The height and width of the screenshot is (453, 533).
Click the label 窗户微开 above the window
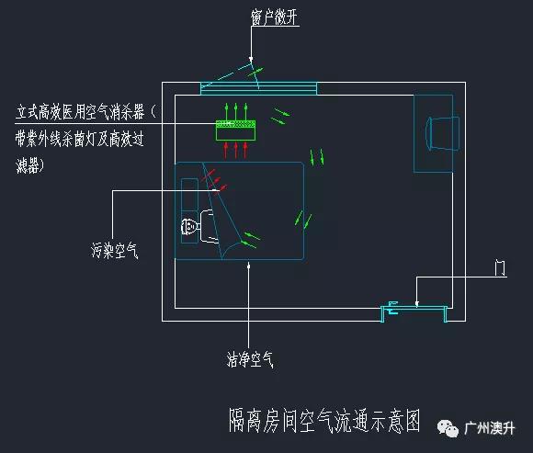click(x=274, y=17)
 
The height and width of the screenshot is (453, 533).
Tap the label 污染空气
click(x=115, y=251)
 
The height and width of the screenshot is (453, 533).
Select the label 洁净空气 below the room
click(x=250, y=359)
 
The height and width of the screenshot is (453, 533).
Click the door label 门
click(x=500, y=267)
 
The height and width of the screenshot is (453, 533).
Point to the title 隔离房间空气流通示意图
click(x=324, y=421)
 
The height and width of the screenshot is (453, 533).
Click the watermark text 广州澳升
click(x=490, y=428)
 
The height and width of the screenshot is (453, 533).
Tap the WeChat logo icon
click(x=448, y=428)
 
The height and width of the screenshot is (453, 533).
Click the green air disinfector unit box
click(x=235, y=130)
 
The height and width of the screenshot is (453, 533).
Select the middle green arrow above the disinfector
click(x=236, y=111)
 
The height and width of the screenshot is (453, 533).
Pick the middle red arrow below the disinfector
click(x=236, y=150)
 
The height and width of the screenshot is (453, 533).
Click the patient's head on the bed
click(x=189, y=227)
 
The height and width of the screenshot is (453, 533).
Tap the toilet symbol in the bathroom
click(x=442, y=133)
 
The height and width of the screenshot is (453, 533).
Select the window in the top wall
click(x=258, y=88)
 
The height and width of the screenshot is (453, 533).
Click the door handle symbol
click(x=392, y=308)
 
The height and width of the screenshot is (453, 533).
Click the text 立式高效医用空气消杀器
click(x=80, y=112)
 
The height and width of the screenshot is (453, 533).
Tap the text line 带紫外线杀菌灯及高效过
click(x=80, y=140)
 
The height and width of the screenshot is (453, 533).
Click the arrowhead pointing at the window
click(x=251, y=60)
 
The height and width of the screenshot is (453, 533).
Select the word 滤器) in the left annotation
click(x=30, y=165)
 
